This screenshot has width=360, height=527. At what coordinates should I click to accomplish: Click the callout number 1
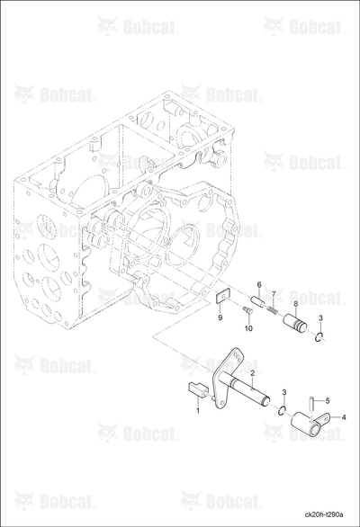coord(198,410)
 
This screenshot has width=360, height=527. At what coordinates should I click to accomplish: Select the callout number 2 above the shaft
coord(252,373)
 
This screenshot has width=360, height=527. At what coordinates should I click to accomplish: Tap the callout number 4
coord(343,418)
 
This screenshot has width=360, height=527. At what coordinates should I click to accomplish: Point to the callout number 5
coord(328,400)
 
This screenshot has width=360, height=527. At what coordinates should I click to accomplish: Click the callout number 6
coord(259,285)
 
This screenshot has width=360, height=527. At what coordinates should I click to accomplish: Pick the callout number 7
coord(274,294)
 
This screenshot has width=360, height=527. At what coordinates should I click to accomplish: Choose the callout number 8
coord(296,304)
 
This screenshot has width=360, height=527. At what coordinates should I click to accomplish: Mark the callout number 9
coord(220,317)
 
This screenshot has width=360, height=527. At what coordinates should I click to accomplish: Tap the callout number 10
coord(248,328)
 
